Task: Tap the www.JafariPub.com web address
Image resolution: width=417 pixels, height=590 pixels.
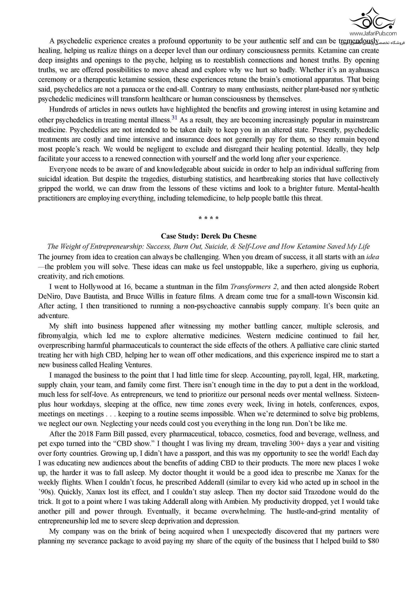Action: tap(373, 33)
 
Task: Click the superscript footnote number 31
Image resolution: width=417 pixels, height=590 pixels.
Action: tap(174, 118)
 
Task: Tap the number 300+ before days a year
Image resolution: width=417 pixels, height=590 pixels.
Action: tap(297, 444)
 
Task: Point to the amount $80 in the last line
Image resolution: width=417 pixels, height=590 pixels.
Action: tap(373, 541)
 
